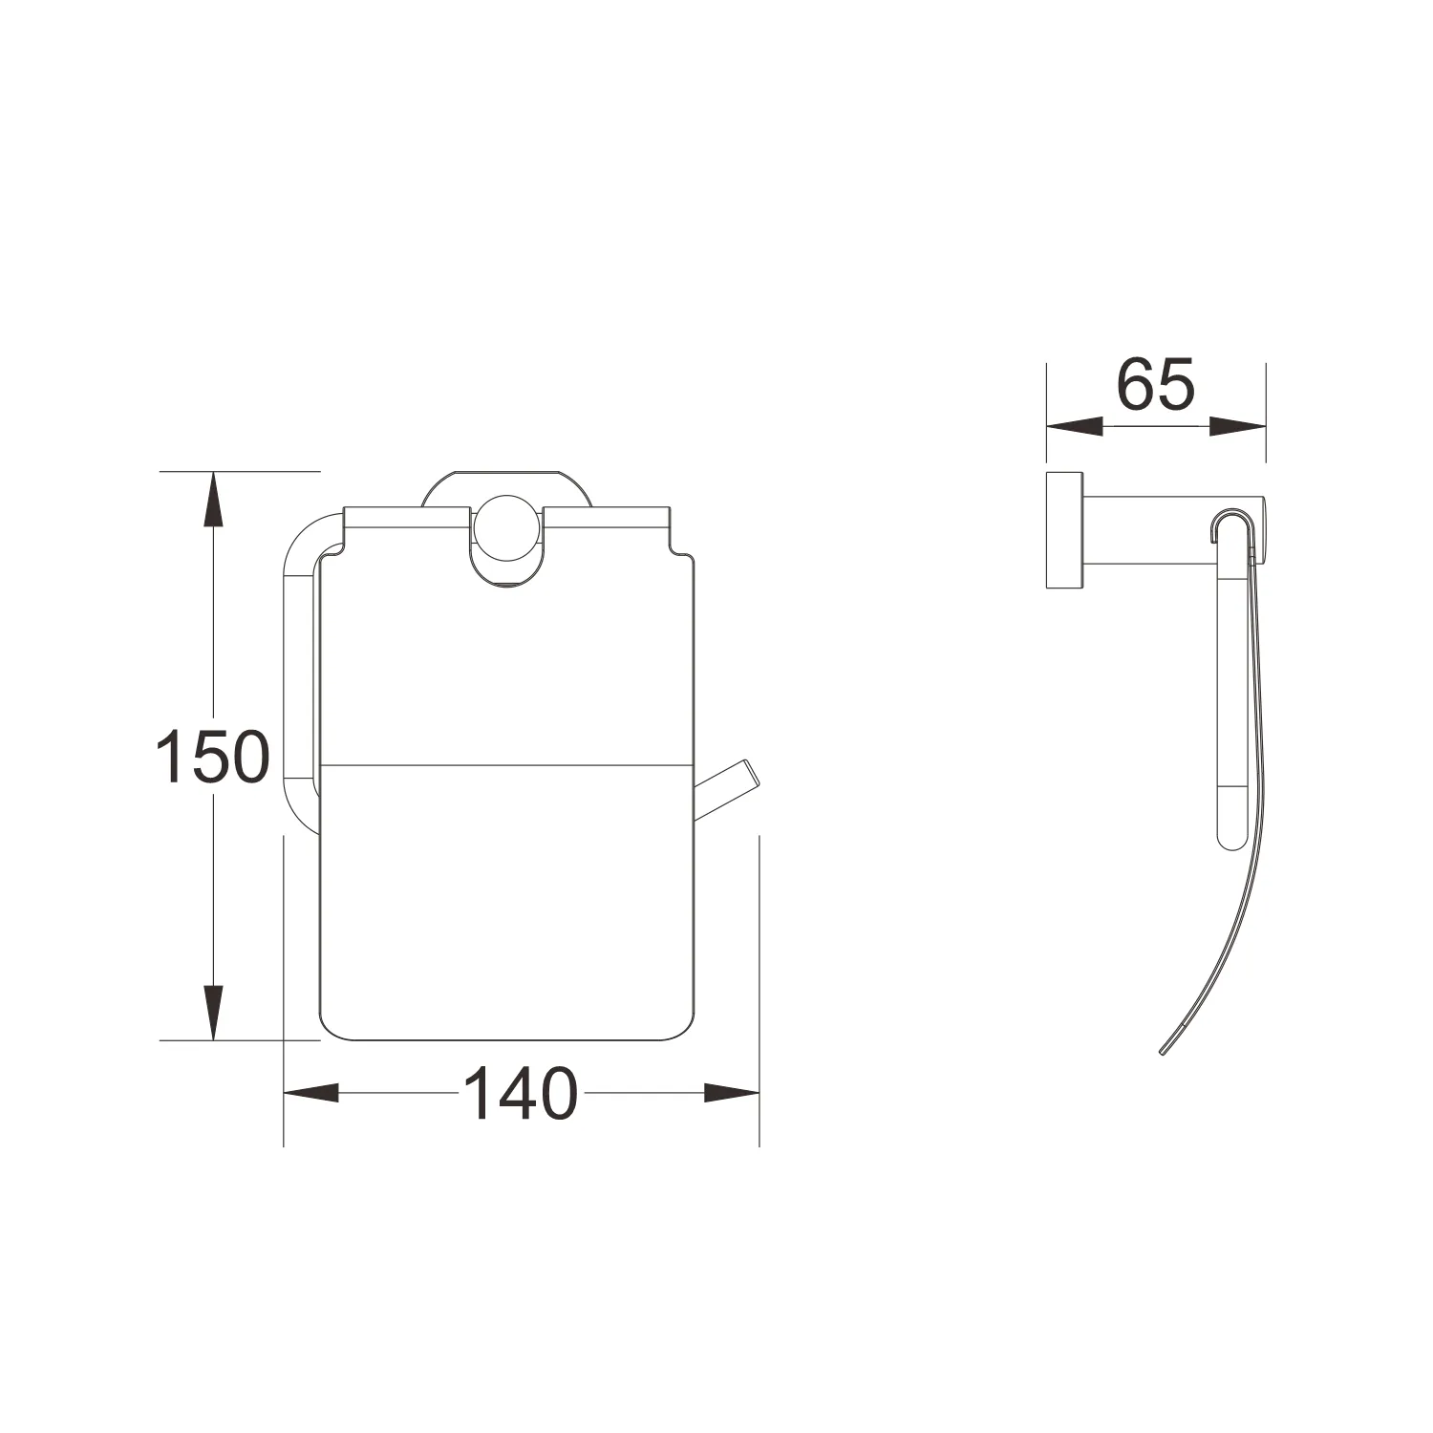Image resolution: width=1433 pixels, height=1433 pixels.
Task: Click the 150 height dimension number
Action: click(213, 756)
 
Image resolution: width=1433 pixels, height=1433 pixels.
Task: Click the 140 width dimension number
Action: click(521, 1094)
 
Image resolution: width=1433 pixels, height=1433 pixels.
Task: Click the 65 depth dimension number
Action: click(1156, 385)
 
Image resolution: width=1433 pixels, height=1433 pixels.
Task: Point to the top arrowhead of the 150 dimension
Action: click(212, 498)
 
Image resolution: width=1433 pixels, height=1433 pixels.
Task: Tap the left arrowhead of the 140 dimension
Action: click(311, 1093)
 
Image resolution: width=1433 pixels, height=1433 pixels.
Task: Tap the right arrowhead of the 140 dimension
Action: click(731, 1093)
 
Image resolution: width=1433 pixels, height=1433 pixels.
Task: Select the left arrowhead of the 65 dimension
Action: click(1075, 427)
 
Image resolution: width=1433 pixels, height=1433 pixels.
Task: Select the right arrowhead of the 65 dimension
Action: click(1238, 427)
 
